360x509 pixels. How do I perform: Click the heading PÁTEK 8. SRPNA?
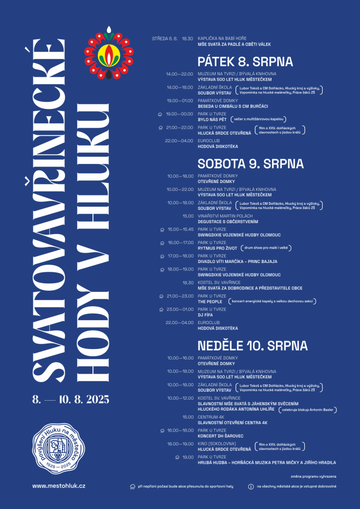tap(245, 62)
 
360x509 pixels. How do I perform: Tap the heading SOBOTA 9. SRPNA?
tap(251, 164)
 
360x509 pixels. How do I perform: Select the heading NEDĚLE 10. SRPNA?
tap(253, 345)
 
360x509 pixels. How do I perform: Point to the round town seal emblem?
tap(56, 448)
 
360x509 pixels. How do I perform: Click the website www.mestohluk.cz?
tap(59, 486)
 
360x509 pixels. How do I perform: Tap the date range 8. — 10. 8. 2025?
tap(70, 399)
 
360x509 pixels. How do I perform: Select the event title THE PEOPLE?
tap(210, 301)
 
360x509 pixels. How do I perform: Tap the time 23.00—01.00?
tap(180, 309)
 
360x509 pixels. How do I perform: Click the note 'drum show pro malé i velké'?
tap(266, 248)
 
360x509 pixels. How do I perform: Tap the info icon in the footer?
tap(251, 486)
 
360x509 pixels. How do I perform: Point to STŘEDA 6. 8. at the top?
tap(165, 38)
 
